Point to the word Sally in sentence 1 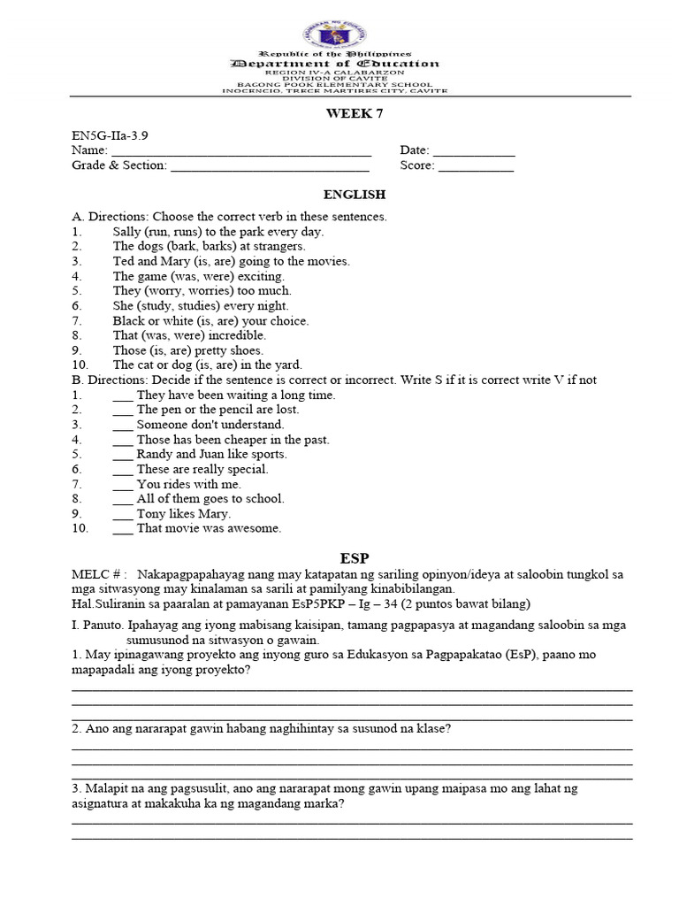[128, 231]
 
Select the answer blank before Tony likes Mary [123, 514]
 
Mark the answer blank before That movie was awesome [123, 529]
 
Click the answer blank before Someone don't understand [123, 425]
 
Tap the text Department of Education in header [334, 64]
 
